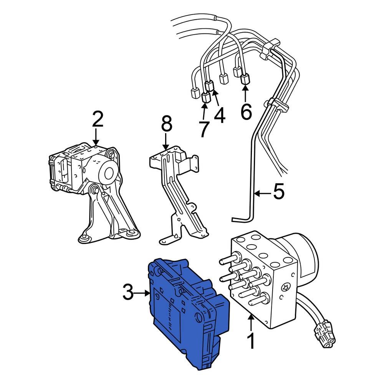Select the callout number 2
[98, 119]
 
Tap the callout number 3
[128, 292]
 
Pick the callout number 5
[279, 191]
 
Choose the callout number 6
[246, 111]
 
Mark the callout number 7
[204, 129]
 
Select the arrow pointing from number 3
[142, 293]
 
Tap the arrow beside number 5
[263, 194]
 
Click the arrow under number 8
[166, 141]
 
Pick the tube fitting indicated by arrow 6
[245, 79]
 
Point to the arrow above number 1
[251, 321]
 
